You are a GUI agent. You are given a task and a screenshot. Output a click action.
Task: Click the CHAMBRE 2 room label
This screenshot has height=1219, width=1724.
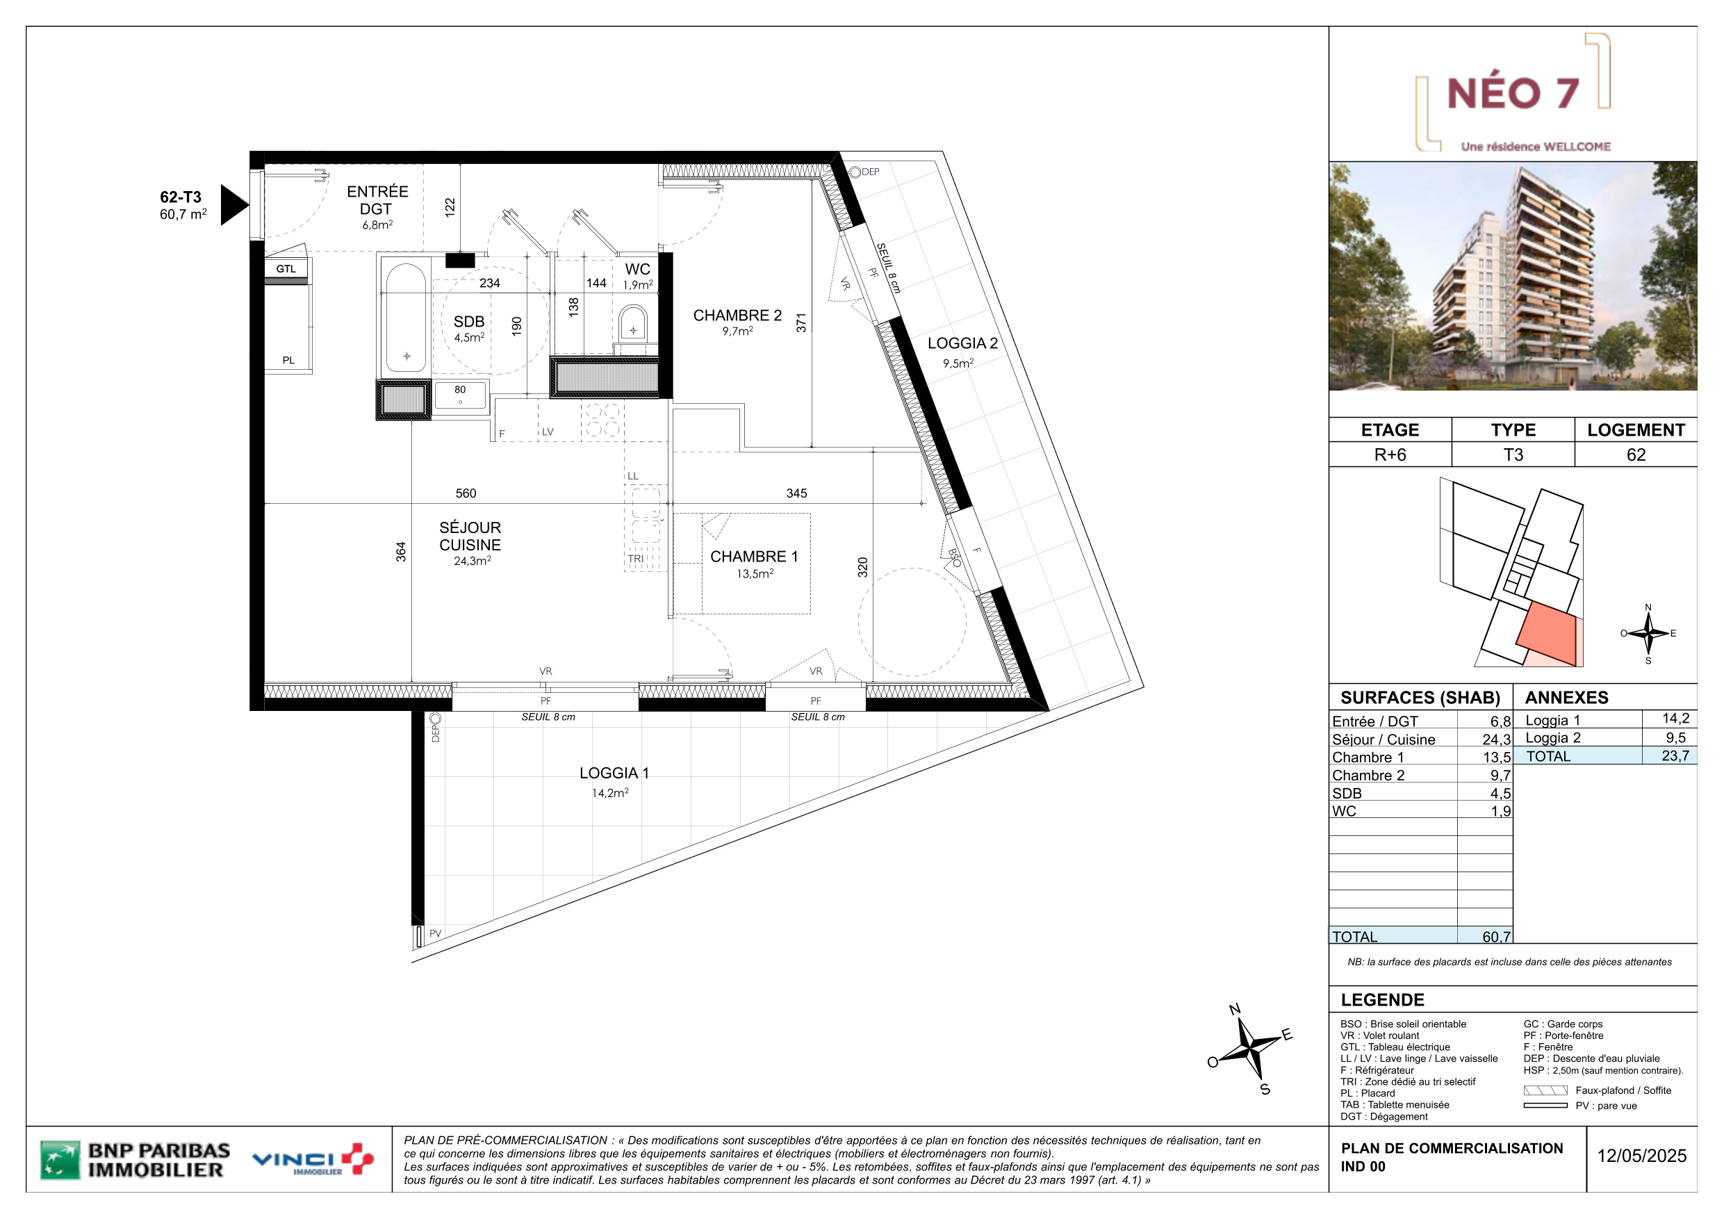pos(737,316)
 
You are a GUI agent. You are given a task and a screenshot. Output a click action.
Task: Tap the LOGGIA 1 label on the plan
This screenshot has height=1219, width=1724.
pos(614,773)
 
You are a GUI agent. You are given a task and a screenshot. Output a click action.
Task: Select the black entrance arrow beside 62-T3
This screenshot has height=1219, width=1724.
pos(233,204)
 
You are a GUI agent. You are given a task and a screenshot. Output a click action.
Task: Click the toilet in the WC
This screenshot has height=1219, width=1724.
pos(633,324)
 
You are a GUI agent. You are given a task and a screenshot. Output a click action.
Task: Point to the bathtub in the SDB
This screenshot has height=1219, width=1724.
pos(407,318)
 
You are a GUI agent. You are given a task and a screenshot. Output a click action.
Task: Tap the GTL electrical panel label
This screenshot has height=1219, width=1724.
pos(286,269)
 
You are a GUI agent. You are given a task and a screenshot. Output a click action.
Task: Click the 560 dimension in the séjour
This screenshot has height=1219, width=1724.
pos(466,493)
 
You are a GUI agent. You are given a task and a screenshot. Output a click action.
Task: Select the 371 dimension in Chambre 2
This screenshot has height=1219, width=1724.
pos(801,323)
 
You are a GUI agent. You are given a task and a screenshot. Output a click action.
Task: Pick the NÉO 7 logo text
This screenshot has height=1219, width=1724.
pos(1512,93)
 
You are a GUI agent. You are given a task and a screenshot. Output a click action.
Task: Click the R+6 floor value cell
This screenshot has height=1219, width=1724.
pos(1390,455)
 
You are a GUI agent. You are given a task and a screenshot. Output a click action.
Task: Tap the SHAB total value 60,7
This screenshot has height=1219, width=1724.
pos(1496,937)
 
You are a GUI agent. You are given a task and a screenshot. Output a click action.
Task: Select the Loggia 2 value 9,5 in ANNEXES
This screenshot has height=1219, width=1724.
pos(1675,737)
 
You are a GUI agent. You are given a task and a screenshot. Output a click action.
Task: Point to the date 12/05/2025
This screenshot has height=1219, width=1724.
pos(1641,1156)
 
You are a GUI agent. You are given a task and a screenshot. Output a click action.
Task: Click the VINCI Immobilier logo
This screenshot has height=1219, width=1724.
pos(313,1160)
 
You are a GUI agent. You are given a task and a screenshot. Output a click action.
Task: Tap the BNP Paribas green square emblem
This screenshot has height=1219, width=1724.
pos(60,1160)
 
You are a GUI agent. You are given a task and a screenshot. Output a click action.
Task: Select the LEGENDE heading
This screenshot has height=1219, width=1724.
pos(1382,999)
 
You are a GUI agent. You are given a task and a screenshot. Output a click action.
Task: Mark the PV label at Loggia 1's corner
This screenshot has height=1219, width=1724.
pos(436,933)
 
